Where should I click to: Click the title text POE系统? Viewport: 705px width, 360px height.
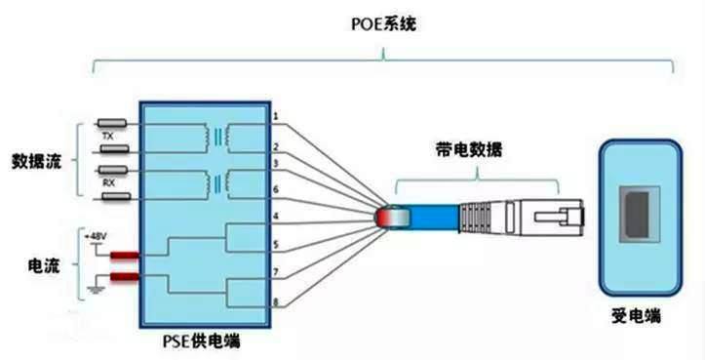(382, 23)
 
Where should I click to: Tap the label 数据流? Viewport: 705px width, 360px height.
(37, 160)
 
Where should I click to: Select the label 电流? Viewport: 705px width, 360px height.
(37, 262)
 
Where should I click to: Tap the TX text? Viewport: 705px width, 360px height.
(108, 138)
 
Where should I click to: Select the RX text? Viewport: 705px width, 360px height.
(109, 182)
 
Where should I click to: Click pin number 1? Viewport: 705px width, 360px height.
(277, 117)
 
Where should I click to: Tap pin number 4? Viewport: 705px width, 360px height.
(277, 215)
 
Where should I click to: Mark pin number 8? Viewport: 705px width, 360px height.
(277, 302)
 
